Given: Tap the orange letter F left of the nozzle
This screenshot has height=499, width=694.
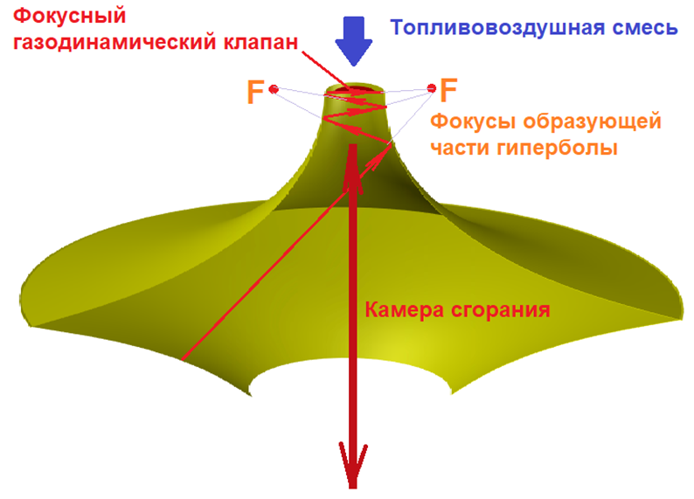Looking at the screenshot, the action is [254, 92].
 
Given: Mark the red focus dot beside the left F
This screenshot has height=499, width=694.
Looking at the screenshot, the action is [274, 89].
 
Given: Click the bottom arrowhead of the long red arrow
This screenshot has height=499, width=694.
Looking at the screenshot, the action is [353, 468].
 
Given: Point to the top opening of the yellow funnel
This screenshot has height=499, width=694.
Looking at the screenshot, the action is [353, 90].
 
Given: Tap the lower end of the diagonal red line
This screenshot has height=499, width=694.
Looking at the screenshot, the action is [184, 358].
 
